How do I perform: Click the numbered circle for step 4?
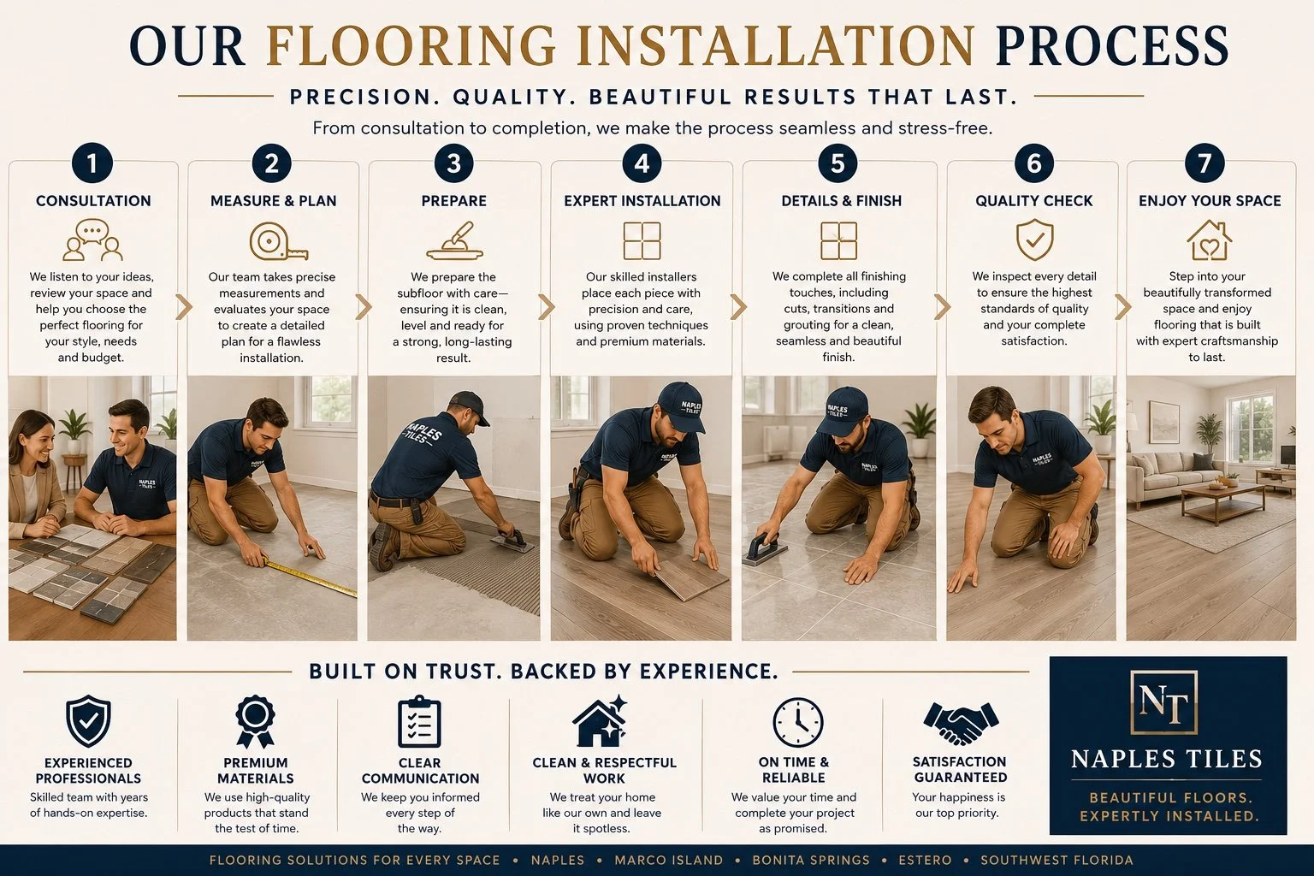click(x=641, y=163)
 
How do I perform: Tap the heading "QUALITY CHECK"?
click(x=1033, y=201)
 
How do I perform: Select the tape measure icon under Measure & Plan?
click(x=278, y=240)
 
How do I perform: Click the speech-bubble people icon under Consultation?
click(x=92, y=240)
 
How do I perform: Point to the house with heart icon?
click(x=1209, y=240)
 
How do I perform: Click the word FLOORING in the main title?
click(x=411, y=45)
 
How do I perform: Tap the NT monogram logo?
click(x=1163, y=703)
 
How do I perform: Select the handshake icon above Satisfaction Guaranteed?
click(x=961, y=724)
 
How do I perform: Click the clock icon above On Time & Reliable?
click(x=797, y=722)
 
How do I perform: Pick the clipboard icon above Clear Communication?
click(x=419, y=722)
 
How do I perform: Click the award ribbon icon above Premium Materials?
click(x=255, y=722)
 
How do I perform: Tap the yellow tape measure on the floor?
click(x=311, y=578)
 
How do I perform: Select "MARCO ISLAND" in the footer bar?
click(x=669, y=860)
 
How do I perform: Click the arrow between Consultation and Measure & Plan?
click(x=184, y=307)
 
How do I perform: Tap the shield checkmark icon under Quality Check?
click(x=1034, y=240)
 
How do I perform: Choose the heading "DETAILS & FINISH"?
click(x=841, y=201)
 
